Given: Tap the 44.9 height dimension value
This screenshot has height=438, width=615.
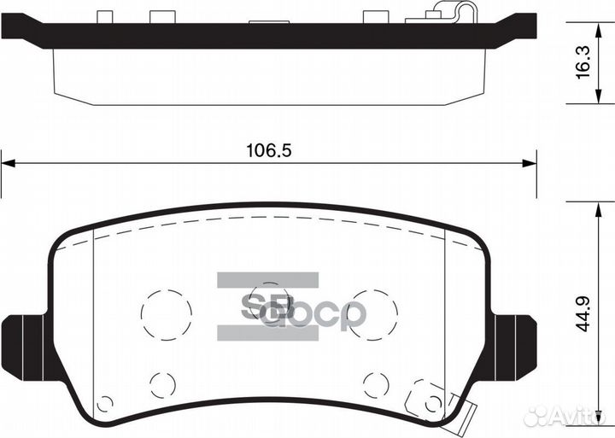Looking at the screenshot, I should (583, 312).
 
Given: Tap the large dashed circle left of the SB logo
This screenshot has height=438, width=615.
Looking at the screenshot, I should (165, 314).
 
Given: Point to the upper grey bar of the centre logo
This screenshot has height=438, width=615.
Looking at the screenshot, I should (267, 280).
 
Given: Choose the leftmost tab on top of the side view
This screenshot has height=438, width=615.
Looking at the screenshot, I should (105, 17).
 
